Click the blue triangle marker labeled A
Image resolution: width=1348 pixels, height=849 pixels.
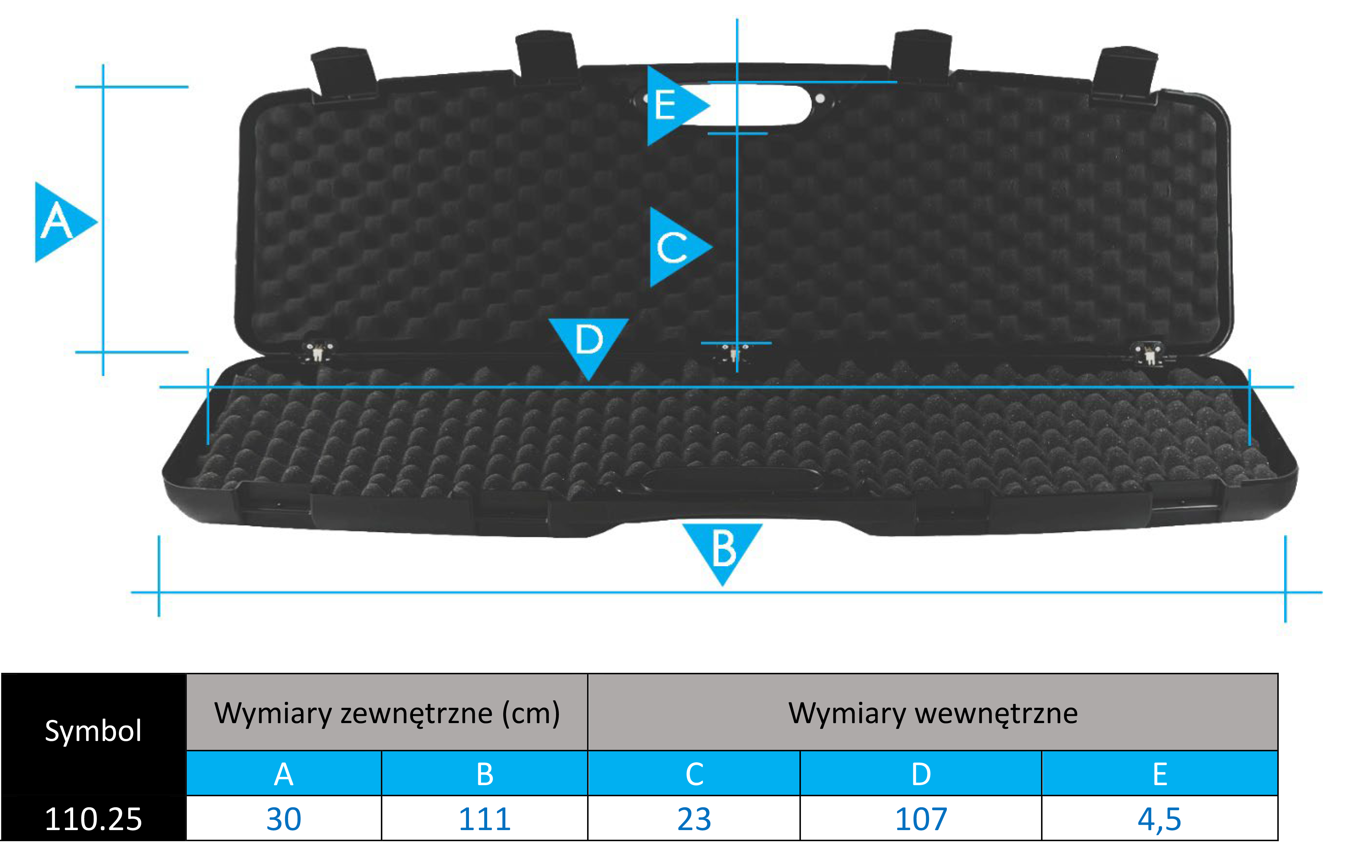(x=62, y=222)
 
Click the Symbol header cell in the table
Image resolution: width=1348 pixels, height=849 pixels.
(x=94, y=730)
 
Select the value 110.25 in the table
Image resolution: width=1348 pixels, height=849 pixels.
(x=94, y=819)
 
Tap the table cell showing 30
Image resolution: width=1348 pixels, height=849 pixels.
(x=284, y=818)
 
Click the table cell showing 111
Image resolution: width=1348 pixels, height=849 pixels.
(x=485, y=818)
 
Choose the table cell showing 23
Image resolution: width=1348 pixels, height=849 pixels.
(x=694, y=818)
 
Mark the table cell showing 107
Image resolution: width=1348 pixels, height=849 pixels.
(x=921, y=818)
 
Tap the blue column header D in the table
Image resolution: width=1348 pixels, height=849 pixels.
(x=921, y=773)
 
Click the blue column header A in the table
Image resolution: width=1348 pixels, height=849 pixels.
(x=284, y=773)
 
